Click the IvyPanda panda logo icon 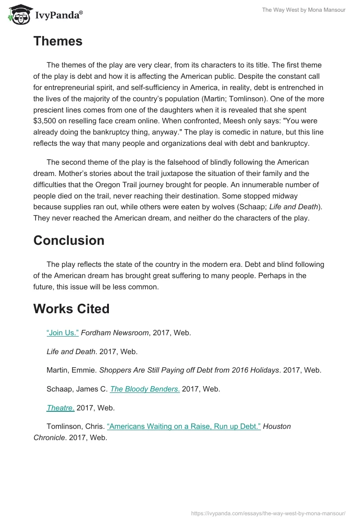pyautogui.click(x=18, y=14)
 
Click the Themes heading pyautogui.click(x=58, y=41)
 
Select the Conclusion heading pyautogui.click(x=68, y=240)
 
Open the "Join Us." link pyautogui.click(x=63, y=333)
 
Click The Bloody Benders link pyautogui.click(x=145, y=389)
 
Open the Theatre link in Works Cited pyautogui.click(x=61, y=408)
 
